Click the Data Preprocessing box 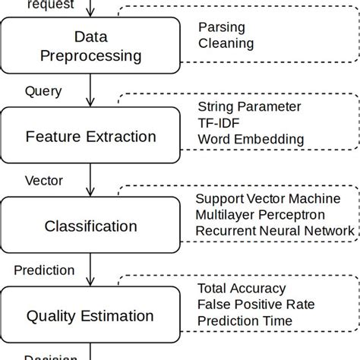[90, 47]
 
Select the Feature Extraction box [90, 137]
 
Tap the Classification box [90, 226]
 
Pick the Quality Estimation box [90, 314]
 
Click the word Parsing [221, 27]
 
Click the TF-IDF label [218, 122]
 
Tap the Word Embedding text [250, 139]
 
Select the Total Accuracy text [242, 288]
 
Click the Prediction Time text [244, 321]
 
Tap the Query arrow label [43, 91]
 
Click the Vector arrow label [45, 181]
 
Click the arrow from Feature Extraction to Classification [90, 180]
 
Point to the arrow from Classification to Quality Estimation [90, 269]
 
